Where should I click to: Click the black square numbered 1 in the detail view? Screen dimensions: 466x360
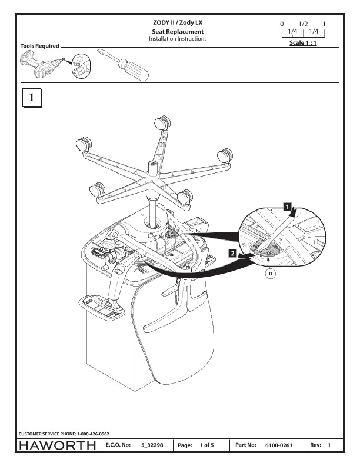[286, 207]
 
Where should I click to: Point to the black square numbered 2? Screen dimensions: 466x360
[233, 254]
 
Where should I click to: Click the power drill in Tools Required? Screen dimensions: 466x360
[38, 66]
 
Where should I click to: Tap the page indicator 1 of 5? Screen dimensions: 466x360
[206, 446]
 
